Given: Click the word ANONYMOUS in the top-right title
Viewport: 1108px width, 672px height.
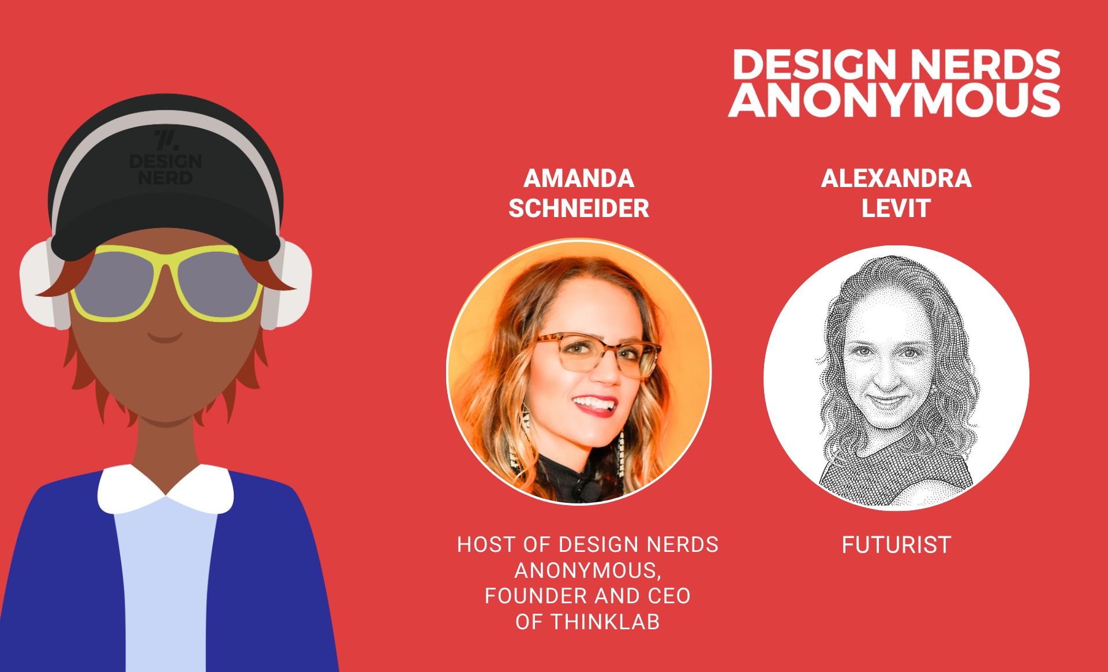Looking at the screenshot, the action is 894,99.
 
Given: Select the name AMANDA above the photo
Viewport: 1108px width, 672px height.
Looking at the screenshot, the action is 579,178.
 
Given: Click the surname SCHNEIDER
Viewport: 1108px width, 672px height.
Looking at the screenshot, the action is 579,208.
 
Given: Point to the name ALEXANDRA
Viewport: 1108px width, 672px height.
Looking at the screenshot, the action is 896,178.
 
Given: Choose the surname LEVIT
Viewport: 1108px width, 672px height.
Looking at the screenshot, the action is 896,208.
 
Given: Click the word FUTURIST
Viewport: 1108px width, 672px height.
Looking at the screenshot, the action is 896,545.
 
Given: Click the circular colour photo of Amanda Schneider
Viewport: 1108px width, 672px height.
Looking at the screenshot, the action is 579,372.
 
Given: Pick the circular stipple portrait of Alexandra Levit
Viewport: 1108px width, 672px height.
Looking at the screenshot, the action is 896,378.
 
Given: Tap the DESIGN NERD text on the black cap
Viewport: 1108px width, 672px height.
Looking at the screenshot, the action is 166,169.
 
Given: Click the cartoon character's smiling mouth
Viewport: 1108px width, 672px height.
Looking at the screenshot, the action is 165,337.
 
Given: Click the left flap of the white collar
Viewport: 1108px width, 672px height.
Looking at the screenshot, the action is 130,488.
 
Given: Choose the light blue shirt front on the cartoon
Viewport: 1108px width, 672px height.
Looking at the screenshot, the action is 166,583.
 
